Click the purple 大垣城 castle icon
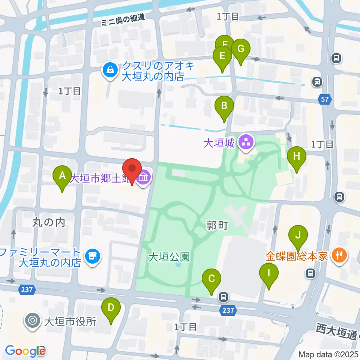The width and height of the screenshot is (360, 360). point(246,143)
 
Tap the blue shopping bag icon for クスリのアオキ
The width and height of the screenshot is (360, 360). point(111,70)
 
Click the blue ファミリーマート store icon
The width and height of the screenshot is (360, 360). point(92,256)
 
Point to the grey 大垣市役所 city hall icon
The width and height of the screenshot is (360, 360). point(33,321)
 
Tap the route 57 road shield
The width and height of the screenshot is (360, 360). point(325,99)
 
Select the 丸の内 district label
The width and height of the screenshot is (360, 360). point(48,222)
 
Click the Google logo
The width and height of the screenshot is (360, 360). point(25,351)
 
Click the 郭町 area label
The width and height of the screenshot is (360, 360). point(217,226)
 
